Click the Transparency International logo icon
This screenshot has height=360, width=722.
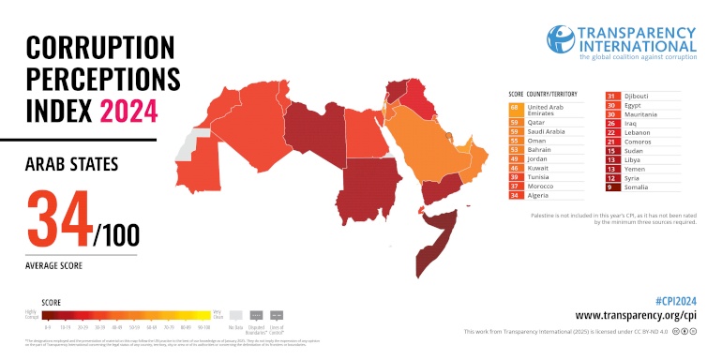(560, 37)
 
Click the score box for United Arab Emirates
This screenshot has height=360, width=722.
(514, 109)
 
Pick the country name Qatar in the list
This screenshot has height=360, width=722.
(537, 122)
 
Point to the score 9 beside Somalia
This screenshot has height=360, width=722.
(611, 187)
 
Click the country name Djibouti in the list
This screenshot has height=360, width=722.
(639, 96)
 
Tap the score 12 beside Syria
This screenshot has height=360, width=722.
(611, 177)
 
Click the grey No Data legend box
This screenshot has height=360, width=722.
(236, 315)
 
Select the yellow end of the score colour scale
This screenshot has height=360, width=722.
(204, 315)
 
